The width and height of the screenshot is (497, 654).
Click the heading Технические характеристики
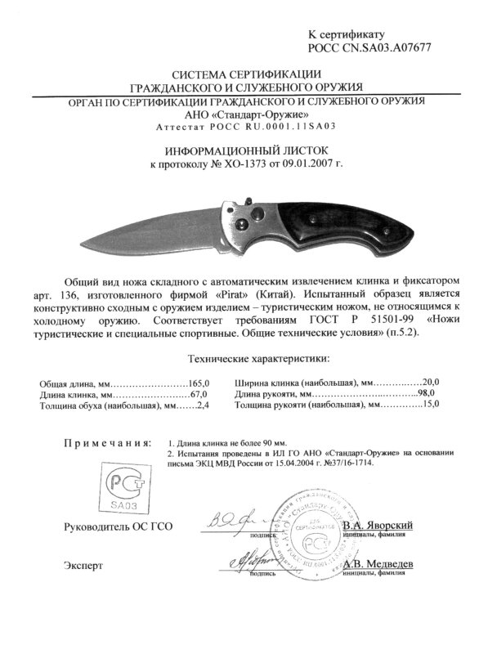(x=259, y=358)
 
